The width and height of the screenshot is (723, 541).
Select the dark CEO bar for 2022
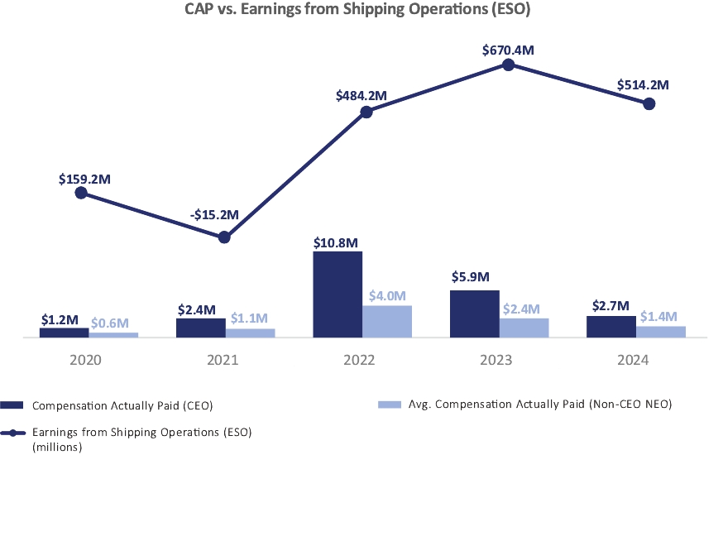click(x=338, y=294)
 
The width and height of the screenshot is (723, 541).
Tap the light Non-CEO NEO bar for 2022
click(x=387, y=321)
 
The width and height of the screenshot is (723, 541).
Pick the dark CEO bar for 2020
click(x=64, y=333)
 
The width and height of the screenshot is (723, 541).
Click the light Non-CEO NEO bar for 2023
click(x=524, y=328)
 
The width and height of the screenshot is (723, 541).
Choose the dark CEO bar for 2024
click(x=611, y=327)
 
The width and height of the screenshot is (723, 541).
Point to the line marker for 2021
click(x=224, y=237)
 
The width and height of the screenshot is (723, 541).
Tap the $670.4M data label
click(x=508, y=50)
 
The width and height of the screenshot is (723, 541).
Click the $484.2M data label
click(x=361, y=96)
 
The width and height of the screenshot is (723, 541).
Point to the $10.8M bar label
click(x=336, y=242)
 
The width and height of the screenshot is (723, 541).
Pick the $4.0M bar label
click(x=387, y=295)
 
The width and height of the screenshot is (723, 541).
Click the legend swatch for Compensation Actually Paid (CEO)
click(x=14, y=405)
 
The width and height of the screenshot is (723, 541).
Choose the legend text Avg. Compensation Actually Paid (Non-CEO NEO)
click(x=539, y=405)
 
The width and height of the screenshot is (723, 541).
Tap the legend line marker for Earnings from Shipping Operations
click(x=14, y=433)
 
